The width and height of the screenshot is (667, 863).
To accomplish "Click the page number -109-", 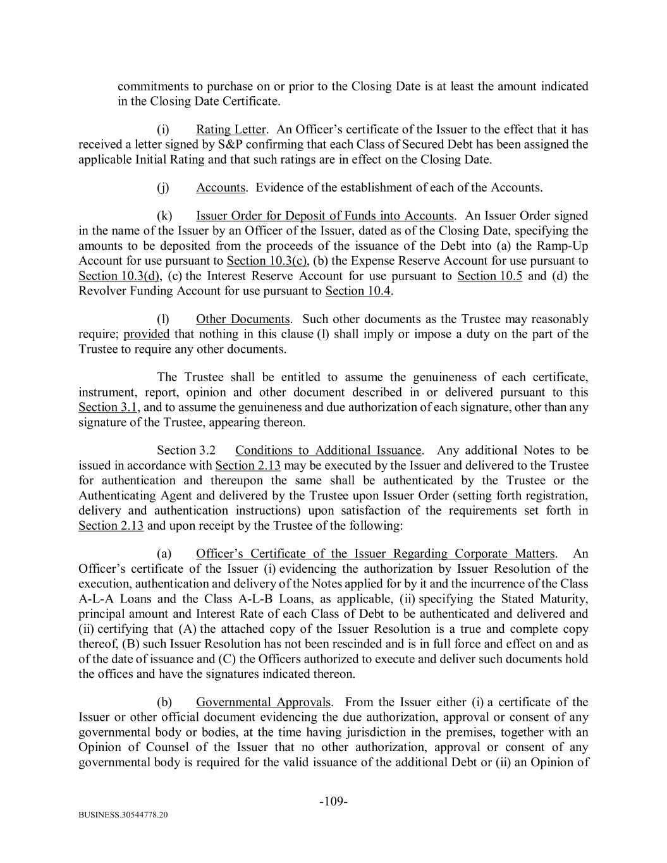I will point(333,802).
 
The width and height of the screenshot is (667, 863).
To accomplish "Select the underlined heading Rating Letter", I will point(231,130).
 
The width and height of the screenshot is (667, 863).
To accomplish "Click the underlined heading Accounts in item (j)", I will point(220,188).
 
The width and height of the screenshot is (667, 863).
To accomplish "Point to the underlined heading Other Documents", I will point(243,319).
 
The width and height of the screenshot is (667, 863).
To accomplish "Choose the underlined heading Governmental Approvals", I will point(263,702).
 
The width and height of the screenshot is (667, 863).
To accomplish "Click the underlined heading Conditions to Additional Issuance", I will point(328,451).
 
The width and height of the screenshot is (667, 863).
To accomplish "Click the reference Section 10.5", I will point(489,276).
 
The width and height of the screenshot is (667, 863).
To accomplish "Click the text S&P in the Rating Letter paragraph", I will point(212,145).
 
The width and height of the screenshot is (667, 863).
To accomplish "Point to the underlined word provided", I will point(147,334).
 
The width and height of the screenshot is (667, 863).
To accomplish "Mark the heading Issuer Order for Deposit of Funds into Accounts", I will point(325,216).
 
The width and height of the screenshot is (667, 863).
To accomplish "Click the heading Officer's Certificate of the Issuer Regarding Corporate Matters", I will point(376,554).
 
